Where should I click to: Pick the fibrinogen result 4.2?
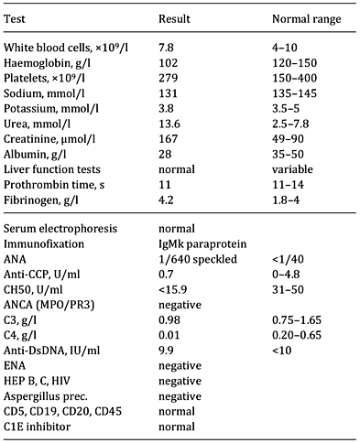167,213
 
